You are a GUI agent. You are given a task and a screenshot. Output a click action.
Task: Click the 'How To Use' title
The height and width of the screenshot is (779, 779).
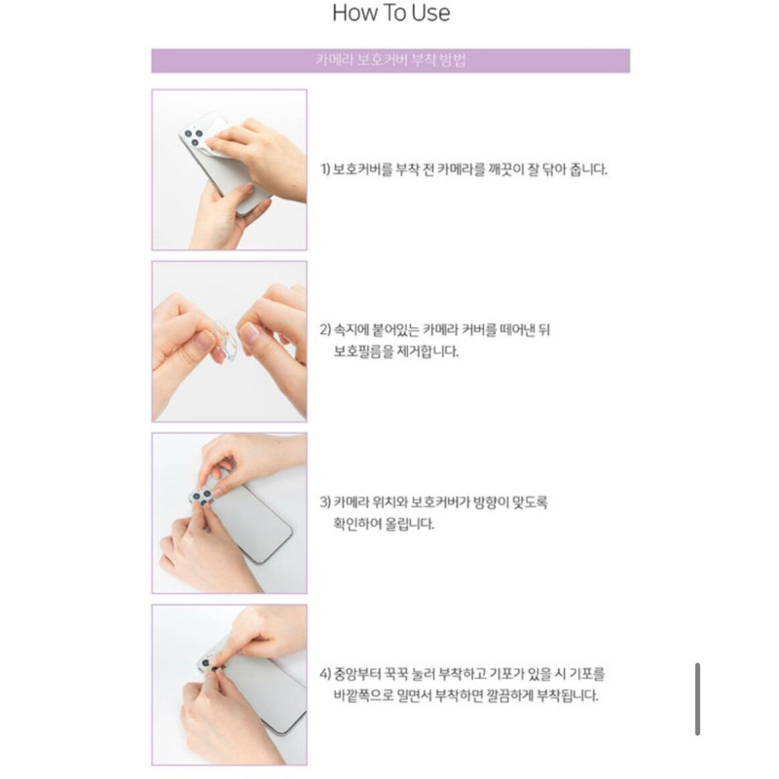click(x=391, y=14)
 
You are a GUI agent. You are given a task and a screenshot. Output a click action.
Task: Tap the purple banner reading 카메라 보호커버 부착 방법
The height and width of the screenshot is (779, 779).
click(x=390, y=60)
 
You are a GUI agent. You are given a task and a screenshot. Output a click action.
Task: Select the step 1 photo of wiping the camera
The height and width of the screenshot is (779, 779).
click(x=230, y=170)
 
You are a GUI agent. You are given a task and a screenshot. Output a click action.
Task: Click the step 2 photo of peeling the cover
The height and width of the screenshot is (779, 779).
click(x=230, y=341)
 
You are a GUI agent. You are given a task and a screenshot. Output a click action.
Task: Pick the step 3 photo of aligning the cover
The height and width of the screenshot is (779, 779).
click(x=230, y=513)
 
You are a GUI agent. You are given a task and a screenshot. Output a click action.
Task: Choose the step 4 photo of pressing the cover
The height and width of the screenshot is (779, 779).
click(x=230, y=685)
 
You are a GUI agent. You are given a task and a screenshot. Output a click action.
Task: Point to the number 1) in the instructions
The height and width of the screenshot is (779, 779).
click(x=326, y=169)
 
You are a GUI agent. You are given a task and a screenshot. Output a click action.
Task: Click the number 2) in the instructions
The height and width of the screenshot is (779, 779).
click(x=326, y=331)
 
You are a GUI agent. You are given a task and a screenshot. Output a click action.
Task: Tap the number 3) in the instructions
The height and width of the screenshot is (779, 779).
click(x=326, y=503)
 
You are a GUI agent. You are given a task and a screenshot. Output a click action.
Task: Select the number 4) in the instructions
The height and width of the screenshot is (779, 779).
click(x=326, y=674)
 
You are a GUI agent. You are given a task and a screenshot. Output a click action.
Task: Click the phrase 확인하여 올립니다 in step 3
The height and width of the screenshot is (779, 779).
click(x=386, y=525)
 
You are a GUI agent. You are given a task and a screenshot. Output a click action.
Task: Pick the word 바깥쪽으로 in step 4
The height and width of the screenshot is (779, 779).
click(x=370, y=696)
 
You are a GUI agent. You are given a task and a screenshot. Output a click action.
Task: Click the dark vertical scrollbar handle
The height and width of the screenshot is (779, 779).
click(x=698, y=699)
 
